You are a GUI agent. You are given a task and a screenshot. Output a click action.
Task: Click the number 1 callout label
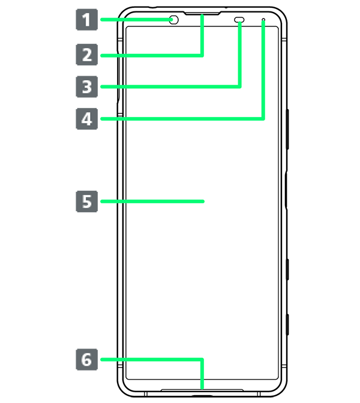tap(87, 20)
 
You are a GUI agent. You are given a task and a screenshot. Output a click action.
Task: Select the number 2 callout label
tap(87, 55)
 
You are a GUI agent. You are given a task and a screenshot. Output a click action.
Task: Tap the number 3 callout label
tap(87, 87)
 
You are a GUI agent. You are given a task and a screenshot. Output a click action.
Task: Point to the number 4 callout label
tap(87, 119)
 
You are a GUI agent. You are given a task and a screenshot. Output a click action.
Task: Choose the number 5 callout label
tap(87, 201)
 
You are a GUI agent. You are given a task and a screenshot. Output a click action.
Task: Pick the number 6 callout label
tap(87, 360)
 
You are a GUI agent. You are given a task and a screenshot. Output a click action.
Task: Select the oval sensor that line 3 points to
tap(239, 20)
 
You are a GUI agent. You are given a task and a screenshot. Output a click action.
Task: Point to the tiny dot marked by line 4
tap(263, 20)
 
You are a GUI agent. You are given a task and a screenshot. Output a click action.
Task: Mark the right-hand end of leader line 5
tap(205, 201)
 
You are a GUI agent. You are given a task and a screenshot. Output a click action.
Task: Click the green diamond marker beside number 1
tap(107, 20)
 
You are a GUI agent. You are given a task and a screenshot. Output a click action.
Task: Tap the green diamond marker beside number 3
tap(107, 87)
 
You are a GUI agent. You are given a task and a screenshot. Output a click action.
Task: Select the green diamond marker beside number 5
tap(107, 201)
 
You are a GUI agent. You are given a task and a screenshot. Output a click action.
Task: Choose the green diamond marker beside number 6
tap(107, 360)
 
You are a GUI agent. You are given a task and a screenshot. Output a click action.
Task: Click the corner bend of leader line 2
tap(202, 55)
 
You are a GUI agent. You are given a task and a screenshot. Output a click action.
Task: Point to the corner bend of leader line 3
tap(239, 87)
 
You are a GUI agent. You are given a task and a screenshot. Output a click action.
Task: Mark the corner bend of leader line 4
tap(263, 119)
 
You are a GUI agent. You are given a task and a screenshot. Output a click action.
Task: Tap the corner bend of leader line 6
tap(202, 360)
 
